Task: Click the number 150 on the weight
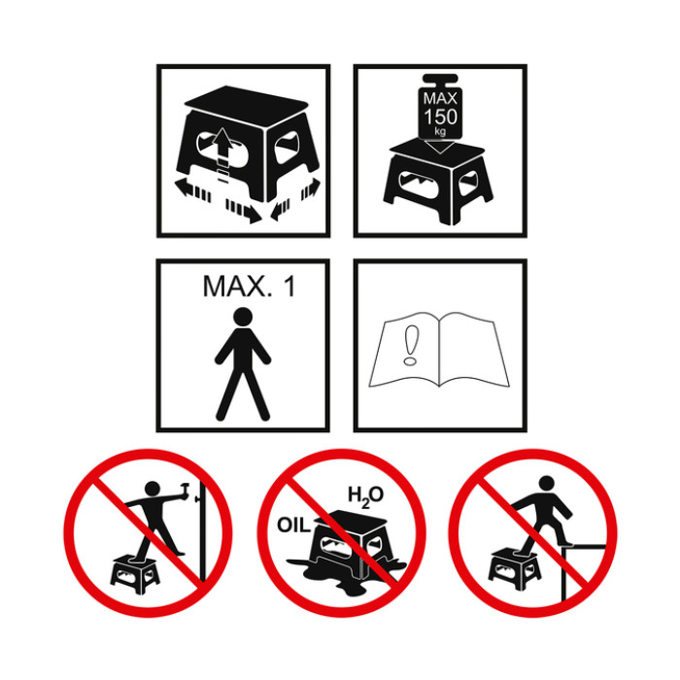click(x=440, y=117)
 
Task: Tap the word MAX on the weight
click(x=440, y=99)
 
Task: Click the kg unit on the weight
click(x=440, y=130)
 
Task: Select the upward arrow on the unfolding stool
click(x=222, y=146)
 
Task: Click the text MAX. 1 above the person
click(x=250, y=287)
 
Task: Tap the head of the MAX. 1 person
click(x=243, y=318)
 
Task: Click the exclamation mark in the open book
click(x=409, y=346)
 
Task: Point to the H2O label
click(x=366, y=495)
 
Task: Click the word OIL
click(x=294, y=526)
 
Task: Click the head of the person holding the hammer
click(x=153, y=490)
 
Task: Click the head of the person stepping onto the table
click(x=547, y=484)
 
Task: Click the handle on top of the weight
click(x=440, y=81)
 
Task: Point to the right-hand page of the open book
click(x=473, y=349)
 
